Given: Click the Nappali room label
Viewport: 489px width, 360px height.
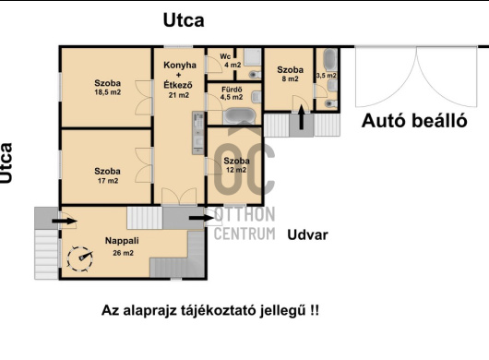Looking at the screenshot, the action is click(x=122, y=241).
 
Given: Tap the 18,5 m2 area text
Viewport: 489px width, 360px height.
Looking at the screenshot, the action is click(x=108, y=92).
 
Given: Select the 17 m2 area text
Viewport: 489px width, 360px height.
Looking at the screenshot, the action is click(x=108, y=181).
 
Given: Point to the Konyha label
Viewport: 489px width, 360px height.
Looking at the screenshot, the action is click(x=180, y=65).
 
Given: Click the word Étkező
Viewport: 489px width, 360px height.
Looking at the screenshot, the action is click(x=178, y=85).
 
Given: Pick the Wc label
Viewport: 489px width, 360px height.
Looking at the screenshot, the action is click(x=225, y=56).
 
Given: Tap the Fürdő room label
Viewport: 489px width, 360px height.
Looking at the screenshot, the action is click(x=232, y=90).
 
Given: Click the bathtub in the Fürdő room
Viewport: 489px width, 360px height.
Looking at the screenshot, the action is click(x=240, y=116).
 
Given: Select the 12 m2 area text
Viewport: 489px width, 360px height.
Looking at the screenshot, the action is click(x=236, y=170).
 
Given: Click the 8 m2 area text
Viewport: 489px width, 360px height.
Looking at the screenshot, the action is click(x=290, y=78).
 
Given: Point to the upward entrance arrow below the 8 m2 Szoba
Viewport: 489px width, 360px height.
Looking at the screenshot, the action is click(x=302, y=117).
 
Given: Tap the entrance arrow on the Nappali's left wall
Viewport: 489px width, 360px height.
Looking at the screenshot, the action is click(x=65, y=222).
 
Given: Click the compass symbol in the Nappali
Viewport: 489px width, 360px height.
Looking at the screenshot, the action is click(x=80, y=258).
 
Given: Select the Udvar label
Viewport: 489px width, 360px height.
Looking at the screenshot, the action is click(x=307, y=234).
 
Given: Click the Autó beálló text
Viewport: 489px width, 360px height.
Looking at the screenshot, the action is click(x=414, y=121).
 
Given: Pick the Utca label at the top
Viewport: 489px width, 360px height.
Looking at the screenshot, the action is click(x=184, y=20).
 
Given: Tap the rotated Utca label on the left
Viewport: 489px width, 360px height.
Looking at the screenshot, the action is click(x=6, y=162).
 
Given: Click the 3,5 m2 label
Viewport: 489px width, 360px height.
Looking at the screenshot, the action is click(x=327, y=76).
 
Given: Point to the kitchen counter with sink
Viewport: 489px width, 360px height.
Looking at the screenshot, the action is click(x=198, y=133).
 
